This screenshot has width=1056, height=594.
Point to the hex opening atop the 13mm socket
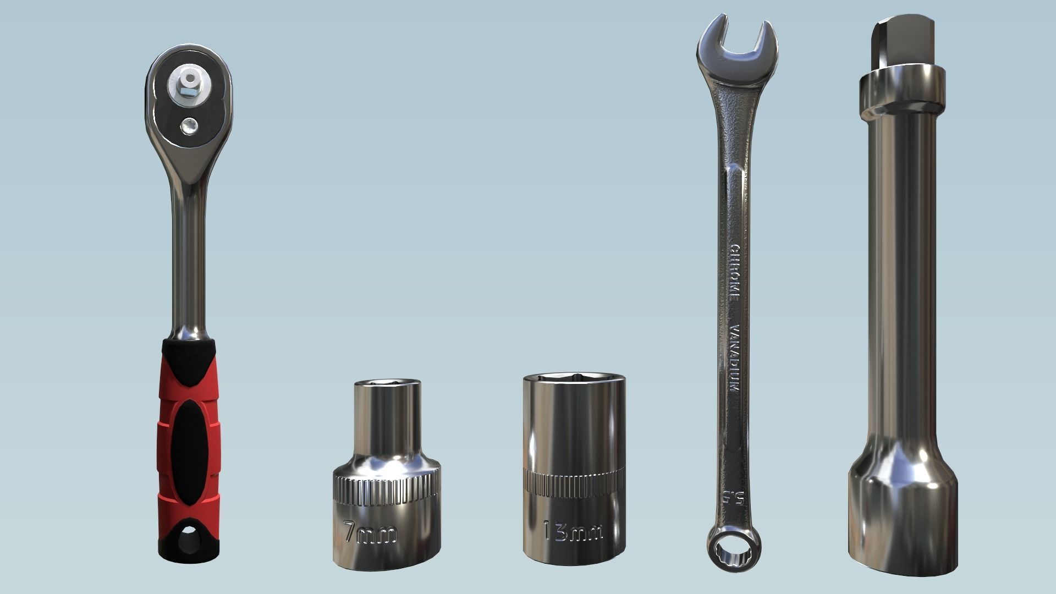point(574,378)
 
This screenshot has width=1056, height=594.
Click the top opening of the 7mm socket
point(387,383)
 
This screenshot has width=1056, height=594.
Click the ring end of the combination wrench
point(734,551)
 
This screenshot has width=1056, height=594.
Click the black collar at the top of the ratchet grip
point(189,349)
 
